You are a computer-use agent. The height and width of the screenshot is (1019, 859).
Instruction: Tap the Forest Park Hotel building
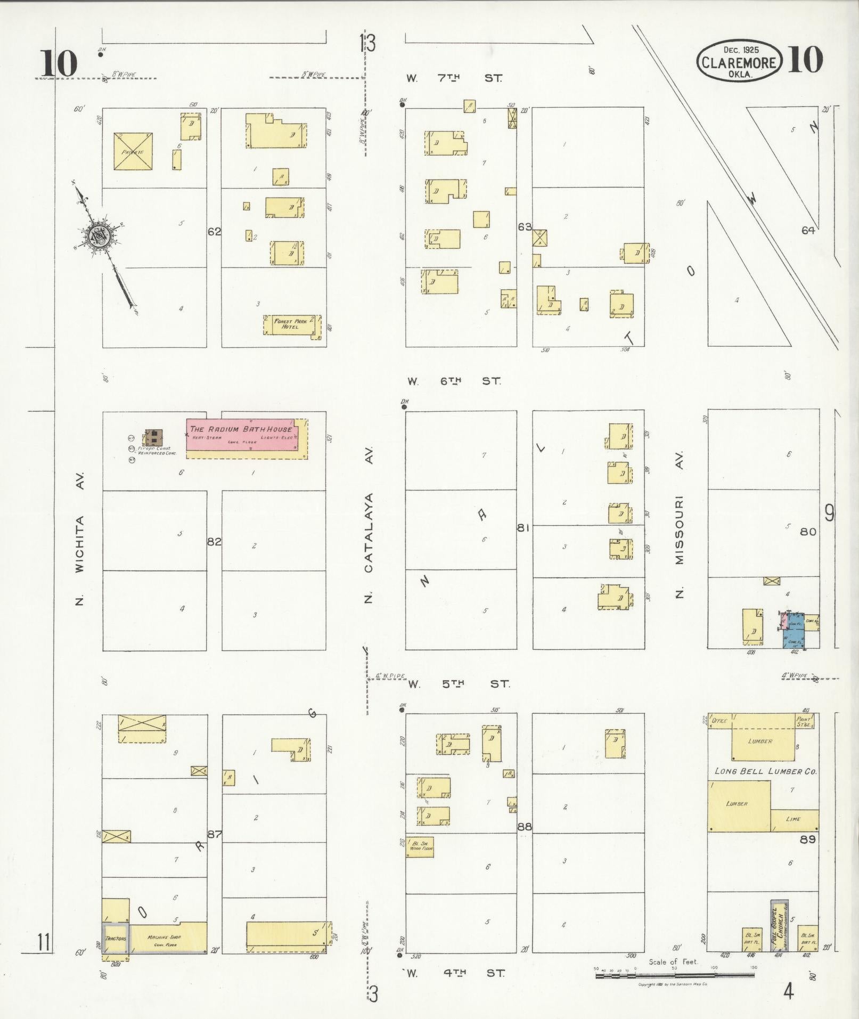tap(291, 324)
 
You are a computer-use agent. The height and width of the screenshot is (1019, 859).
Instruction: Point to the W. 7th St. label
tap(454, 78)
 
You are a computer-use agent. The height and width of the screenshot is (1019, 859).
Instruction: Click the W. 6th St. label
tap(454, 381)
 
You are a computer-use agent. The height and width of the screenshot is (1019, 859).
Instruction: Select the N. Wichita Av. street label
tap(80, 538)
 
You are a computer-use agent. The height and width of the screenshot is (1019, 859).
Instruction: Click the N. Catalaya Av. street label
tap(369, 525)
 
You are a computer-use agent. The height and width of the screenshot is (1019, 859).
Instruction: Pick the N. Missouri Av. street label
tap(679, 525)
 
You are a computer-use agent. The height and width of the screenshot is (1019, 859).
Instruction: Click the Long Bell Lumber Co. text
tap(765, 771)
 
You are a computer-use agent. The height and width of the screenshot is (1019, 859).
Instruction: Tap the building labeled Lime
tap(794, 820)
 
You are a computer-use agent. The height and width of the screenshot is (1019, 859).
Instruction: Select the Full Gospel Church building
tap(779, 925)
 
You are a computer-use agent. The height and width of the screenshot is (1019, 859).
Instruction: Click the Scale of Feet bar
tap(674, 975)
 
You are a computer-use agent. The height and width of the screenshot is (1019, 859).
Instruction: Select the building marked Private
tap(133, 152)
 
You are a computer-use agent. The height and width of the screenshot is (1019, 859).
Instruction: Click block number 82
tap(214, 542)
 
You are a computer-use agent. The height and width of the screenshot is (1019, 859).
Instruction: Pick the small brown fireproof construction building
tap(154, 437)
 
